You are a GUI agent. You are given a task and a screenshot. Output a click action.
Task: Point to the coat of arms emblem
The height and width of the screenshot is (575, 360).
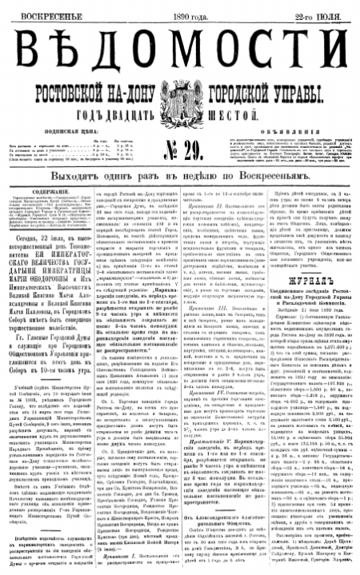(181, 105)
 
